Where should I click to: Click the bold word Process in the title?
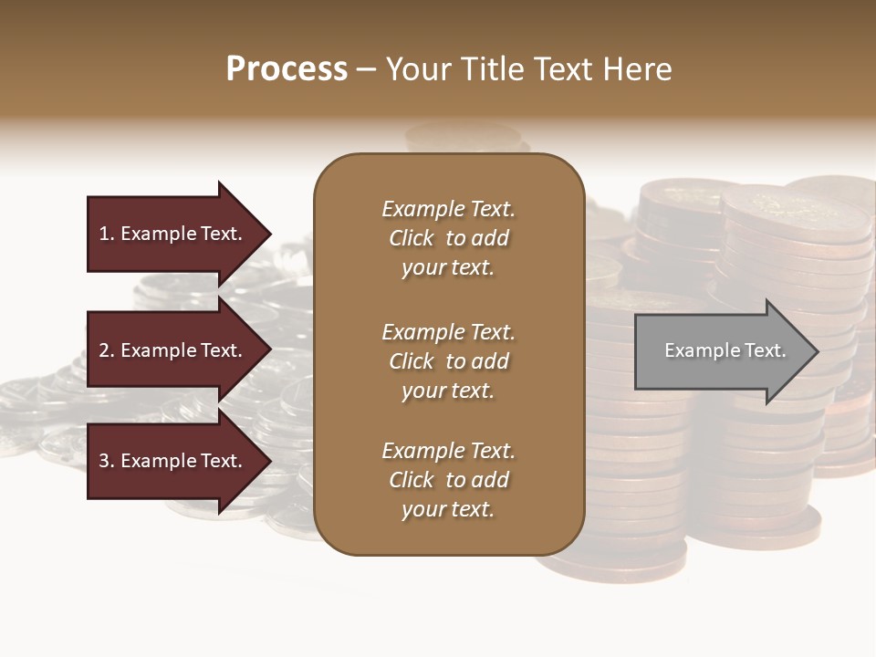click(x=287, y=69)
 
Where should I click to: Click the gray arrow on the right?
click(x=721, y=350)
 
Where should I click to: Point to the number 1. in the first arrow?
click(x=107, y=234)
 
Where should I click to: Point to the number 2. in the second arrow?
click(x=107, y=350)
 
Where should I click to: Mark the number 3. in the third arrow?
click(x=107, y=461)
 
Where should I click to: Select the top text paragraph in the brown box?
click(x=448, y=238)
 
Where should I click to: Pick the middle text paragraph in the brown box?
click(x=448, y=361)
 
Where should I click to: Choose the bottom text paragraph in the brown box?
click(x=448, y=480)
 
